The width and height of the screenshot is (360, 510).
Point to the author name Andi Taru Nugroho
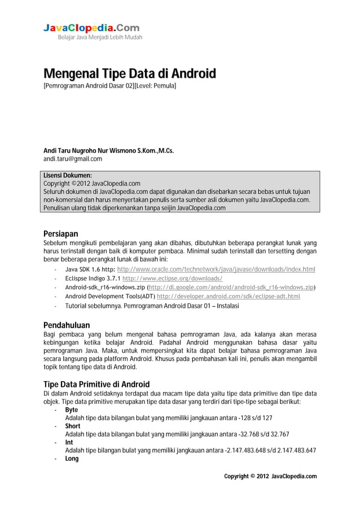109,151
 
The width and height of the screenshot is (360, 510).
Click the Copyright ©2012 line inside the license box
92,184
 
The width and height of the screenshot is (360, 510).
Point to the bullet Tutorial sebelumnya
152,306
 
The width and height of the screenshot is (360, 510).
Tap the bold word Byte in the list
72,409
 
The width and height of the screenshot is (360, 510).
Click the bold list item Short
73,426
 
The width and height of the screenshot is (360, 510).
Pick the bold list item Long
72,459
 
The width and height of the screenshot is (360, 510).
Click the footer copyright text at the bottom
270,476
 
